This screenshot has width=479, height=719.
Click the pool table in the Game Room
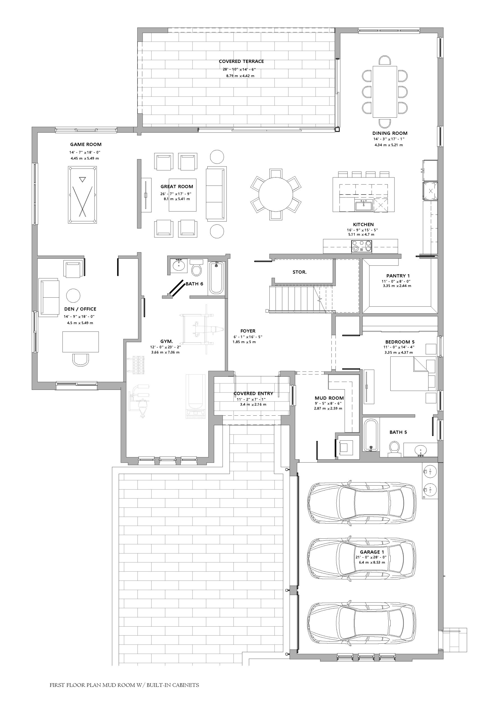82,195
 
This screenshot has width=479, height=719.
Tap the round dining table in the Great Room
276,195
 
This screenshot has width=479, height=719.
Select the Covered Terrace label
241,62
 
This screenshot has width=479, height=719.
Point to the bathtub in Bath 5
371,435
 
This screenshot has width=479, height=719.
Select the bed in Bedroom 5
413,374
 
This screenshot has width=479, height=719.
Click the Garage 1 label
372,552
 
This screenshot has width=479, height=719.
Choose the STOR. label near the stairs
299,272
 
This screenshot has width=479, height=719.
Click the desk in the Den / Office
81,342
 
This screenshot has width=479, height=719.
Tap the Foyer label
248,331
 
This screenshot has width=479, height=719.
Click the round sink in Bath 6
178,265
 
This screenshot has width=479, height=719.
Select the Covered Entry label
253,393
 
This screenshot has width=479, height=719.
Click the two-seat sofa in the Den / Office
49,297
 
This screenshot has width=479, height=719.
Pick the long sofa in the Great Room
216,194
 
